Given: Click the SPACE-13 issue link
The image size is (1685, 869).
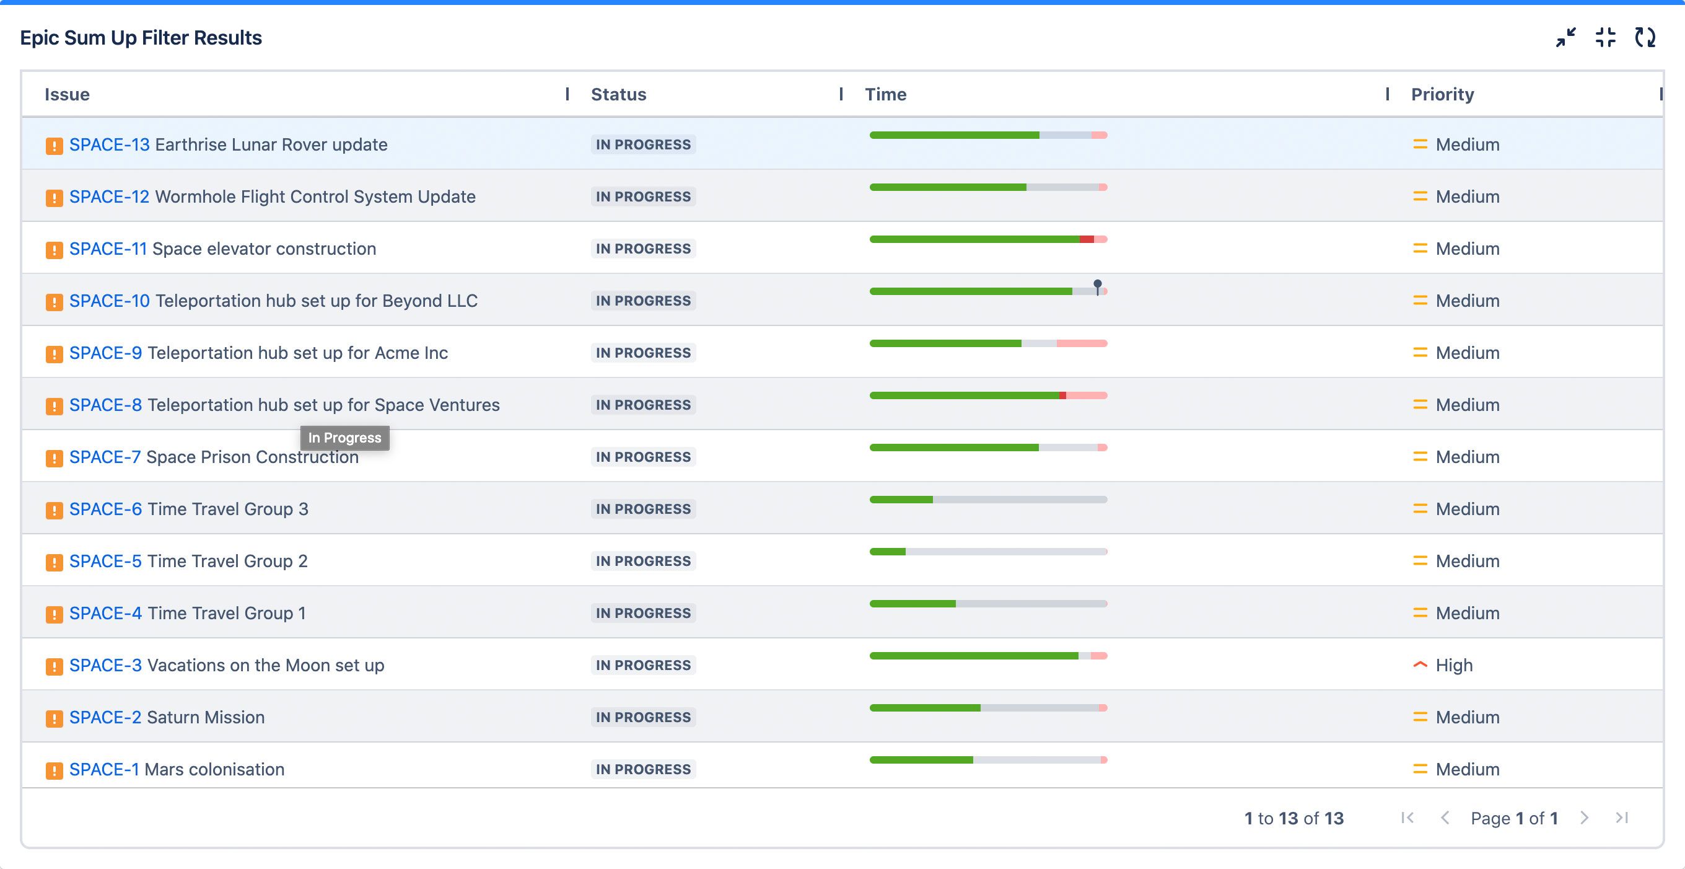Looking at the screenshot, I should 109,144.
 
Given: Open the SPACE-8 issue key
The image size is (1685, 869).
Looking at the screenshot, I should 105,405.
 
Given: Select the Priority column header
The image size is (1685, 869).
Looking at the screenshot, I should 1442,94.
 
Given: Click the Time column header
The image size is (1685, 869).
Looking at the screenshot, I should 886,94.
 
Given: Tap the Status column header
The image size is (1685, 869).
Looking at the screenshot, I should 618,94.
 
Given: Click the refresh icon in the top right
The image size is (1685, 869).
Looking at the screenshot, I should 1645,37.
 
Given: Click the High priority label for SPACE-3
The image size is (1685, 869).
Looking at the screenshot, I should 1453,666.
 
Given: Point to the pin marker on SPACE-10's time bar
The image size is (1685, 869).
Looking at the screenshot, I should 1098,285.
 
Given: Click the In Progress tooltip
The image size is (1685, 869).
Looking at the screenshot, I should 344,438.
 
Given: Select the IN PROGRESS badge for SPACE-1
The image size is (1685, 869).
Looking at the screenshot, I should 643,770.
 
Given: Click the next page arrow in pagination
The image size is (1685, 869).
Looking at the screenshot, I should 1584,818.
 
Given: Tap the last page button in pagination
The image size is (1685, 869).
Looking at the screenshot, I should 1622,818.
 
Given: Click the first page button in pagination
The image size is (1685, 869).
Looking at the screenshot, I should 1407,818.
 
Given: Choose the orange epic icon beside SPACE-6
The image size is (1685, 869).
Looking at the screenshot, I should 55,509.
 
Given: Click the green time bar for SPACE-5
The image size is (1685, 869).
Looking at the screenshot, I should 887,552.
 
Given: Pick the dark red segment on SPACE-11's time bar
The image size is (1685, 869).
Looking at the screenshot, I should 1087,239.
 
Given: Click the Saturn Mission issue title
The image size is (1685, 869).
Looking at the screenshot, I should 206,718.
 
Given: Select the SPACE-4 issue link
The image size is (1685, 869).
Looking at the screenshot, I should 105,613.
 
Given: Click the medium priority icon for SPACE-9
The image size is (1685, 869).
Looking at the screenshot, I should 1419,353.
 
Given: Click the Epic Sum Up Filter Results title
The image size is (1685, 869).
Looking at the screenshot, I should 141,38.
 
